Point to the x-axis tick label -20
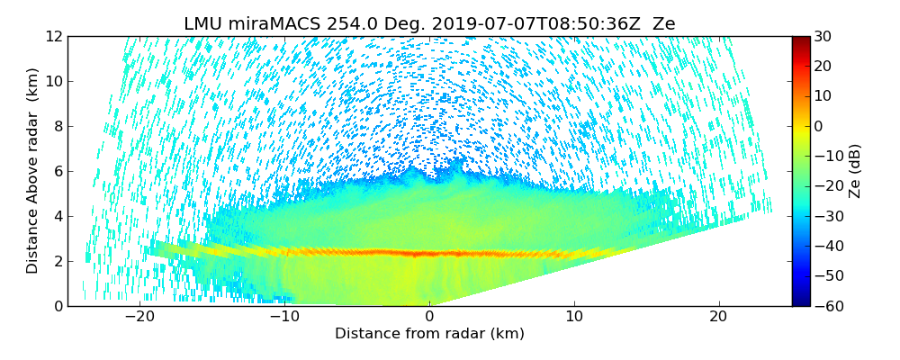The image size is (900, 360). point(139,317)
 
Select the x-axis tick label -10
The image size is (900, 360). point(284,317)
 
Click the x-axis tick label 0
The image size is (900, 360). point(429,317)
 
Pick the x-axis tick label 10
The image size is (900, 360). point(574,317)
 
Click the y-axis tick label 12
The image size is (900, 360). point(53,36)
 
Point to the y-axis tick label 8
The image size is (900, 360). point(57,126)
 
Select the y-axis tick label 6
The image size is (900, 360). point(57,171)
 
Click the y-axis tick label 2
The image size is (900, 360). point(57,261)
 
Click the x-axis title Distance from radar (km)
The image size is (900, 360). point(429,334)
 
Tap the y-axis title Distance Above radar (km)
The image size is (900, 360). point(33,171)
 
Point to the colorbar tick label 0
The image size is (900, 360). point(820,126)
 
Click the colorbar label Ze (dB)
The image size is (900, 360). point(855,171)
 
